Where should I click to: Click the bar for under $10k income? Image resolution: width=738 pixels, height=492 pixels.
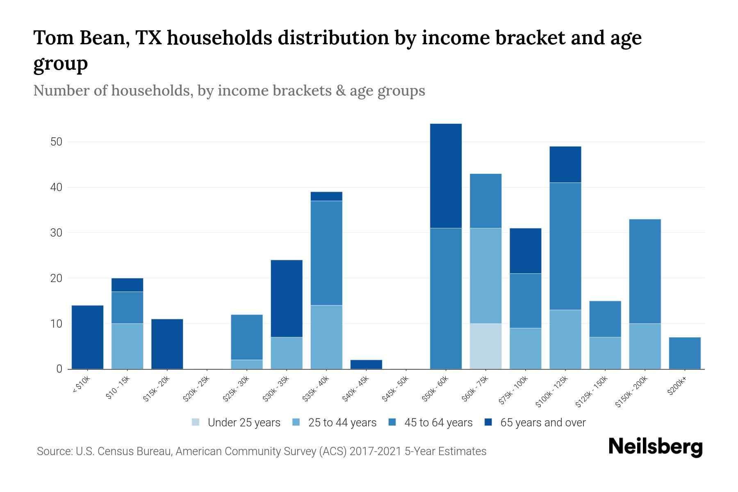point(87,337)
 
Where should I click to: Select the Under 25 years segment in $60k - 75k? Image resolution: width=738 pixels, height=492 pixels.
point(485,346)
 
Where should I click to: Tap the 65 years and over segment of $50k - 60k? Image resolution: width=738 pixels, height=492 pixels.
point(446,175)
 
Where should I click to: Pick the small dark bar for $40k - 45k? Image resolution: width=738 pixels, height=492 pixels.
point(366,364)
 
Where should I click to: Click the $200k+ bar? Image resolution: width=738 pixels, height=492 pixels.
point(684,353)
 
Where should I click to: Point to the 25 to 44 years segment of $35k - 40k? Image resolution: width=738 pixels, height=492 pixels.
point(326,337)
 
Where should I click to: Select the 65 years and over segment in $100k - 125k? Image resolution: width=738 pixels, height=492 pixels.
point(565,164)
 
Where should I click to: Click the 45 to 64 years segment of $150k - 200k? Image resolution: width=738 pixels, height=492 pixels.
point(645,271)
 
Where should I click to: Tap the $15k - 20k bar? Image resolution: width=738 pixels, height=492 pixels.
point(167,344)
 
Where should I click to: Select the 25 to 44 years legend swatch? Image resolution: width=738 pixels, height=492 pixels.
point(296,422)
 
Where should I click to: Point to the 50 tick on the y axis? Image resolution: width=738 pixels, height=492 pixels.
point(56,142)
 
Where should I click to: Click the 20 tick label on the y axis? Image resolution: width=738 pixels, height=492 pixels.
point(56,278)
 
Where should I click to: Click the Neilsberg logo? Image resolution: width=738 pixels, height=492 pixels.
point(655,447)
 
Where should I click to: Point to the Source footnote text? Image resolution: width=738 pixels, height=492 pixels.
point(262,451)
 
